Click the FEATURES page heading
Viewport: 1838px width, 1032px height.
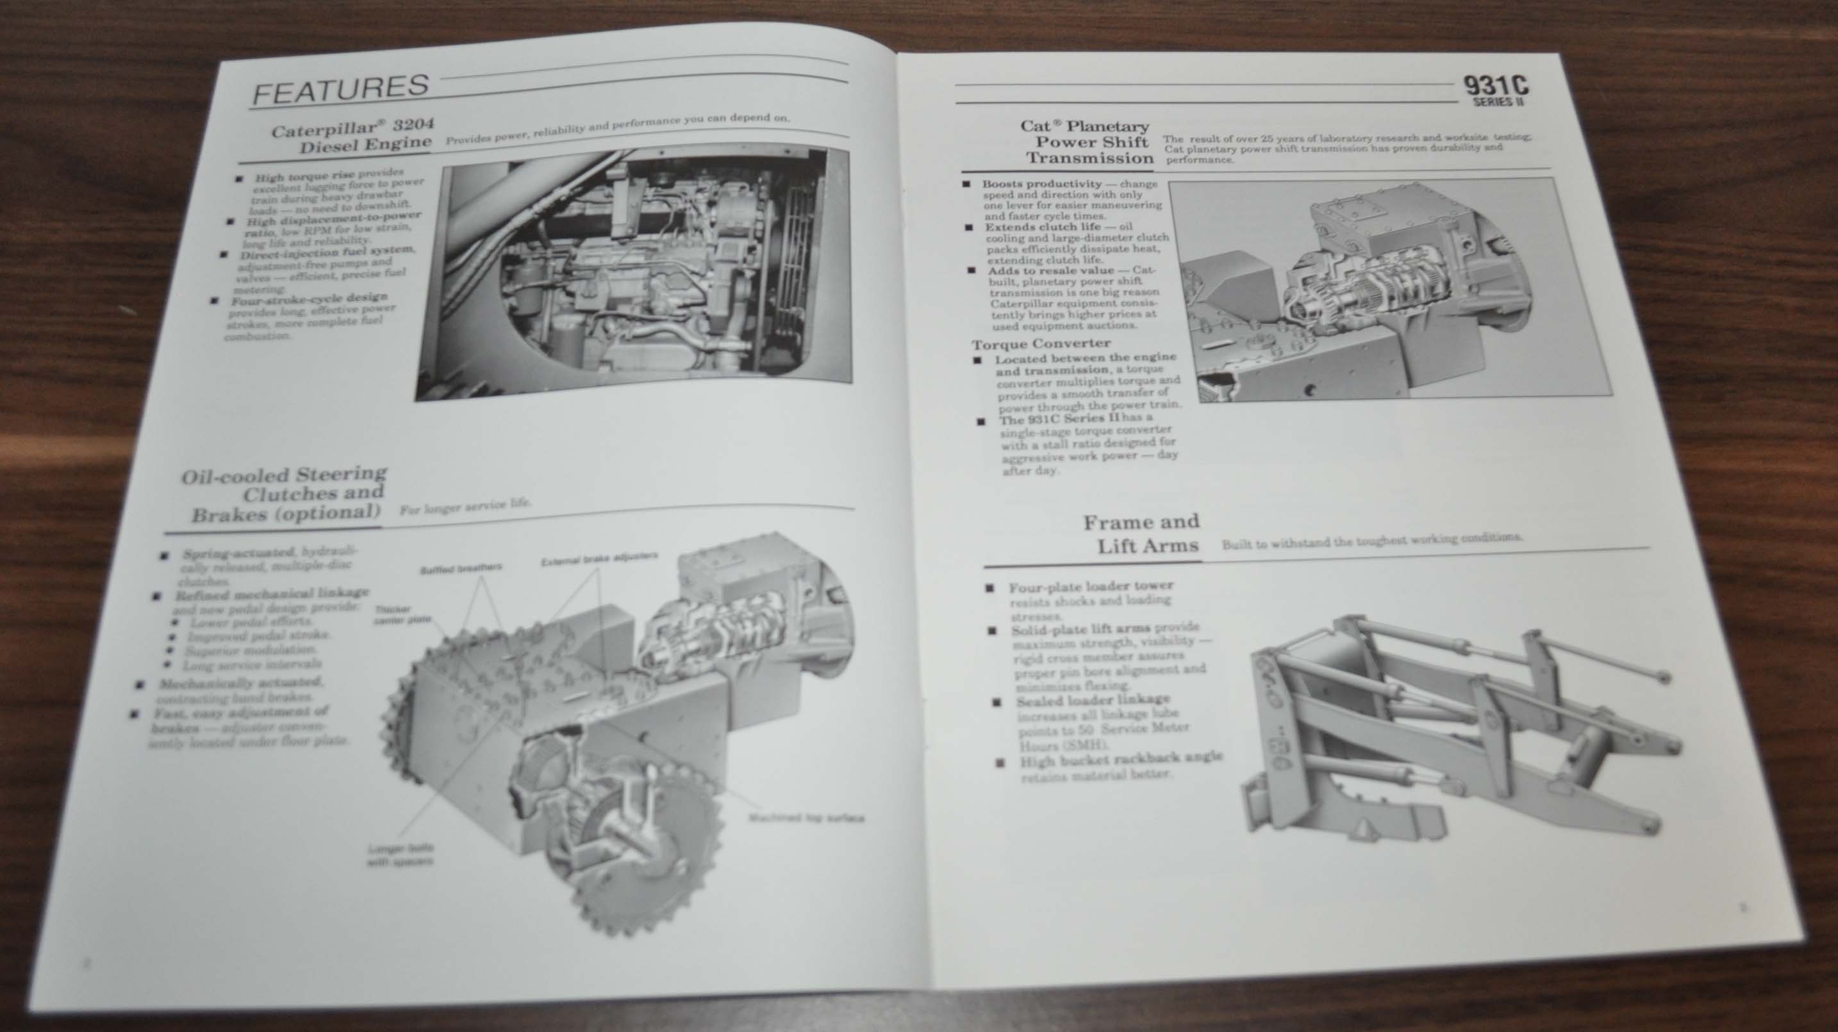pyautogui.click(x=340, y=89)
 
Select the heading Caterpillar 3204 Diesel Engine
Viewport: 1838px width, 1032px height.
pyautogui.click(x=352, y=135)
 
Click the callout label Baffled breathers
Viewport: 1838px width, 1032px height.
pyautogui.click(x=461, y=568)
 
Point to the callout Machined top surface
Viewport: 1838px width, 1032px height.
pyautogui.click(x=806, y=818)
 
